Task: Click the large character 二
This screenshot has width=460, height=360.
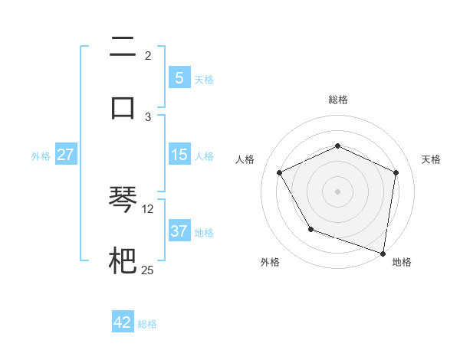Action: [123, 49]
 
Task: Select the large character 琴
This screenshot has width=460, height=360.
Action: [123, 201]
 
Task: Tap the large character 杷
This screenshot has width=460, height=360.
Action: [123, 259]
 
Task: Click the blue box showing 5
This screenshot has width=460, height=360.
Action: [179, 77]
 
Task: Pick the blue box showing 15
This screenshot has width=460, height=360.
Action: [179, 155]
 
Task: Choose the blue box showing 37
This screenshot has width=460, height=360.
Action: [179, 231]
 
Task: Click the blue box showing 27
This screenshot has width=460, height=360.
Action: [66, 155]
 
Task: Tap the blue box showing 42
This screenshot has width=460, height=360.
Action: [123, 322]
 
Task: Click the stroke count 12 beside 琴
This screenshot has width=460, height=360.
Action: [148, 208]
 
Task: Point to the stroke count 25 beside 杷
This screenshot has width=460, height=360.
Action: [148, 269]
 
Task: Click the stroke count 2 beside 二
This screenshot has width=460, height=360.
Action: [148, 55]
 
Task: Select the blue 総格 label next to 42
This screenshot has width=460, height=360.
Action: [147, 324]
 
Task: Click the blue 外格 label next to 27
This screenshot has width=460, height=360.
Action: [41, 156]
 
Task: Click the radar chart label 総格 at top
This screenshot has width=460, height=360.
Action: [338, 100]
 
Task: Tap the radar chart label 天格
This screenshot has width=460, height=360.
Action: [431, 159]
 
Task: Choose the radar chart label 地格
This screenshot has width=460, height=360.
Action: [402, 262]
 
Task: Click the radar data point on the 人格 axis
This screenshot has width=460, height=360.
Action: [280, 172]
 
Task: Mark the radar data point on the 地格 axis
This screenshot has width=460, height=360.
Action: [383, 253]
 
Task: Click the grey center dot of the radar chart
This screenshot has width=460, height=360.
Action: [337, 191]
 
